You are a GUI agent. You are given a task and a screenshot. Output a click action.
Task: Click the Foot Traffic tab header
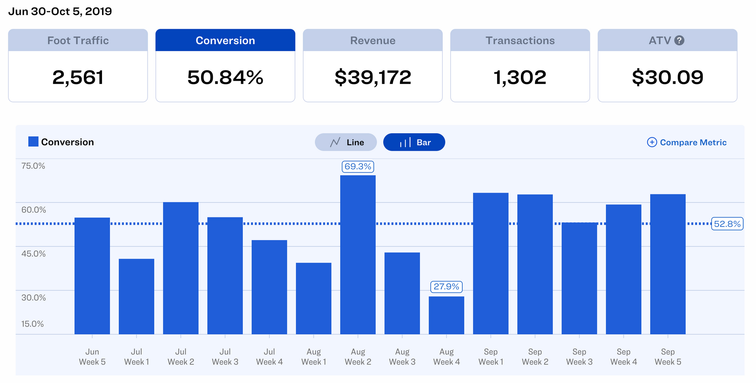point(78,40)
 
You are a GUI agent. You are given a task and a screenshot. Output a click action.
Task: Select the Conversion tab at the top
point(225,40)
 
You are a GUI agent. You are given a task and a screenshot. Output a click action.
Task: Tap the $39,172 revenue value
point(373,77)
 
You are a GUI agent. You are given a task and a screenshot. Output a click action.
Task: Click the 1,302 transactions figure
point(520,77)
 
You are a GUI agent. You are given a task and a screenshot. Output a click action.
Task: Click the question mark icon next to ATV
point(679,40)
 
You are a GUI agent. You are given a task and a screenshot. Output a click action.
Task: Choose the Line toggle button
point(346,142)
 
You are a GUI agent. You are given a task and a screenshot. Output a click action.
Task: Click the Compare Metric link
point(687,142)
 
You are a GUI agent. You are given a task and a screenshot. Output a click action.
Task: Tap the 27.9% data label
point(446,287)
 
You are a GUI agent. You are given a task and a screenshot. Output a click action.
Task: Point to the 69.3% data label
point(358,167)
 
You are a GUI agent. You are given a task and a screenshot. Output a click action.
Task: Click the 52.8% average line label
point(727,224)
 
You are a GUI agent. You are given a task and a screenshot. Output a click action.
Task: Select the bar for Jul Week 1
point(136,297)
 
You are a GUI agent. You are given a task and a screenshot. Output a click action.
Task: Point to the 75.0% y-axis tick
point(33,166)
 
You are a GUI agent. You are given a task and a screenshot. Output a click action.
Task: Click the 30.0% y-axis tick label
point(34,298)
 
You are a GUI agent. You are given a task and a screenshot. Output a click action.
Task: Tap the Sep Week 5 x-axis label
point(668,357)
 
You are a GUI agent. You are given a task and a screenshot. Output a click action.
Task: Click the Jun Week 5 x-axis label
point(92,357)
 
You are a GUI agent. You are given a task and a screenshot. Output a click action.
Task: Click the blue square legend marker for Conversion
point(33,142)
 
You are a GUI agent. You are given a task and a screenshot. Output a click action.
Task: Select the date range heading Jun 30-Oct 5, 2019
point(60,11)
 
